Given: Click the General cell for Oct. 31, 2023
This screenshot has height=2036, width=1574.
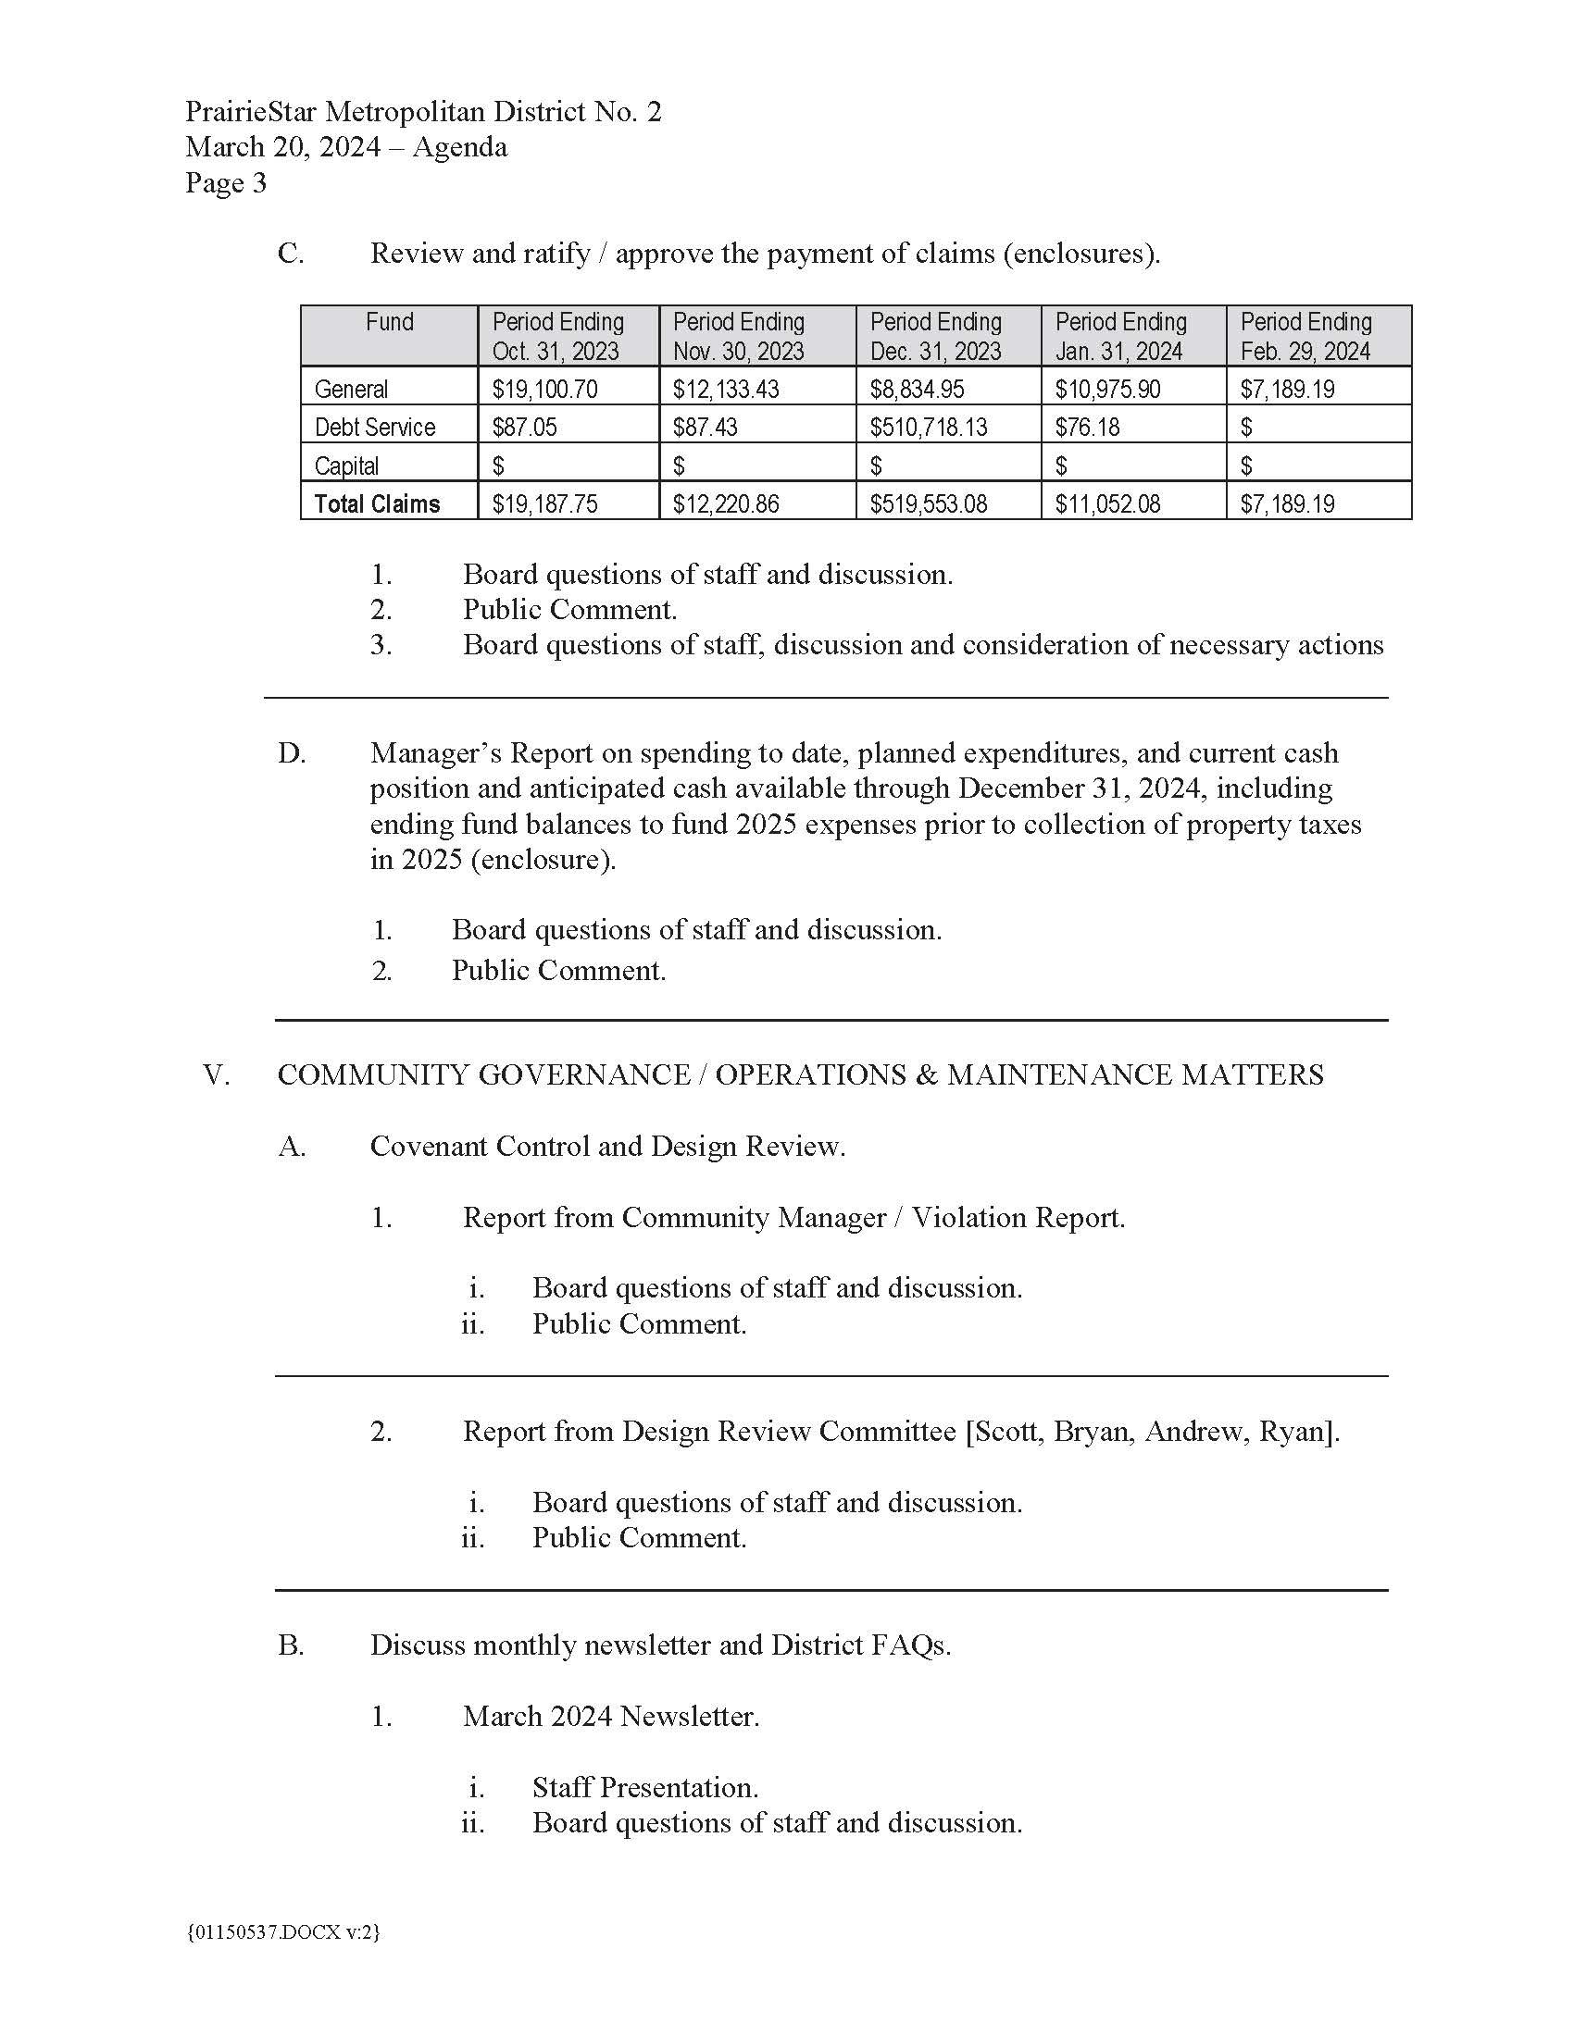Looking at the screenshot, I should point(544,389).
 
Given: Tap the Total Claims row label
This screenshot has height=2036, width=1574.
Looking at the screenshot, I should point(377,504).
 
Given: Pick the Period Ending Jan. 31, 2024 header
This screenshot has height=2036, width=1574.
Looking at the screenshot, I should point(1120,337).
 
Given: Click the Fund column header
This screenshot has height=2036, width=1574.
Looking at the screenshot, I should point(389,323).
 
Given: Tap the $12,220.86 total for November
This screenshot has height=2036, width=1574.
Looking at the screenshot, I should point(726,504).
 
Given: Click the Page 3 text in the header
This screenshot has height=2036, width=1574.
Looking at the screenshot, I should point(226,182).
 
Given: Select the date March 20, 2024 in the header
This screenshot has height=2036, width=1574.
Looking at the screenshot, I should point(282,147).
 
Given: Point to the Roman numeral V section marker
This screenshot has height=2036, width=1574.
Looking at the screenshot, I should point(217,1074).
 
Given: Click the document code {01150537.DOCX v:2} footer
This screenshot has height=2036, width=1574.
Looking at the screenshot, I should point(283,1932).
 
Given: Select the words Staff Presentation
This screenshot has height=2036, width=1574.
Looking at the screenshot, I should point(644,1787).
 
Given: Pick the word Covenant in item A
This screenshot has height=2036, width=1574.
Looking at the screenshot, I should point(428,1146).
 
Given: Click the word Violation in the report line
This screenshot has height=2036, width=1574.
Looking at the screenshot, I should point(966,1218).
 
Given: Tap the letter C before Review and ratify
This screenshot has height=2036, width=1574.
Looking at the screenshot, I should point(290,254).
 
